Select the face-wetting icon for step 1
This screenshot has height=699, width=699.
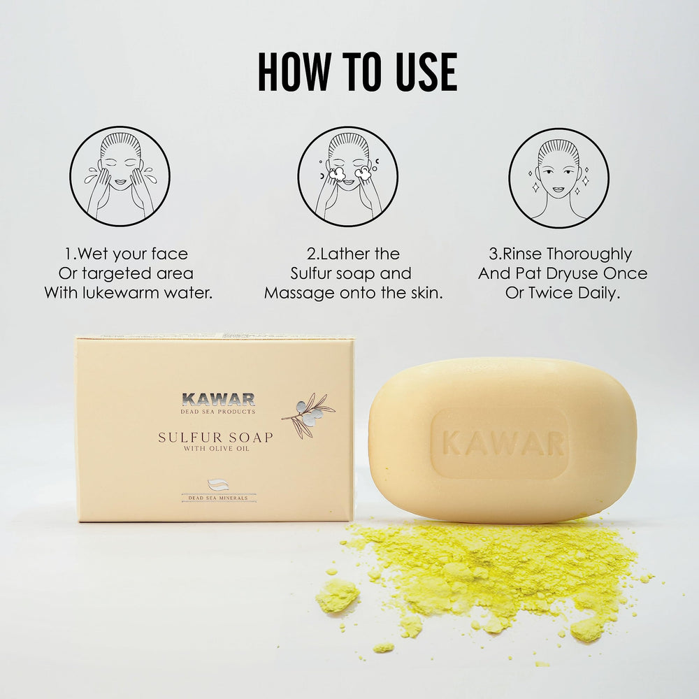click(120, 176)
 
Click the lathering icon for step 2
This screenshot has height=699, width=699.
click(348, 176)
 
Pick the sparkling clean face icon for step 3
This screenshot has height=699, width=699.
click(559, 178)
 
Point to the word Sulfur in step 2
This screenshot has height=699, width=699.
click(311, 273)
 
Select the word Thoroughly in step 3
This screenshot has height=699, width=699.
click(589, 254)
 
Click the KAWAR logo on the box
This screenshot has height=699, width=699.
click(218, 399)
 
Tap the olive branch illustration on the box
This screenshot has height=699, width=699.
click(308, 415)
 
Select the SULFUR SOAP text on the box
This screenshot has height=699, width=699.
click(216, 438)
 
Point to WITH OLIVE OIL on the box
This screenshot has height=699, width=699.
click(216, 449)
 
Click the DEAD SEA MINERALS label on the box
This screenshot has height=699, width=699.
click(218, 498)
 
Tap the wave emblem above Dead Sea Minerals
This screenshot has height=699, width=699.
click(218, 485)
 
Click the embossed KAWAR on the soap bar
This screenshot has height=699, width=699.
click(503, 444)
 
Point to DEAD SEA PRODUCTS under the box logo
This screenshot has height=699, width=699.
click(218, 412)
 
